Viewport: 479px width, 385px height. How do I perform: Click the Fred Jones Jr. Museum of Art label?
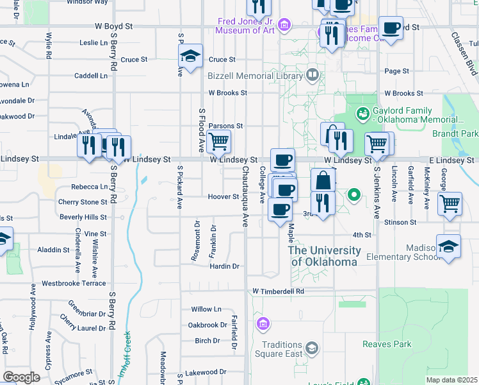245,25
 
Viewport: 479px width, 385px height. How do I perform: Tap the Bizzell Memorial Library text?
254,76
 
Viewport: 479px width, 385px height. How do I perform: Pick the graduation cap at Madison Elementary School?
448,246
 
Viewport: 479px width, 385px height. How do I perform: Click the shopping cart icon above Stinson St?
450,203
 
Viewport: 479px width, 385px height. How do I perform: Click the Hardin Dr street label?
225,266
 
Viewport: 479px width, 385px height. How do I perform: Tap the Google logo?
22,377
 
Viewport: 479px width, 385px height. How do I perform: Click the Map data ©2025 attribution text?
451,380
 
